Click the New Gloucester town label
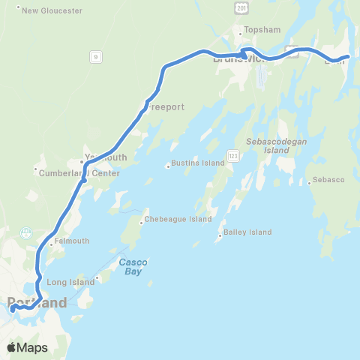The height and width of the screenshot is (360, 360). pos(43,10)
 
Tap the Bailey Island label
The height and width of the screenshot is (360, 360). pos(246,232)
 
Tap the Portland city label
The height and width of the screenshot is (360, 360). pos(37,304)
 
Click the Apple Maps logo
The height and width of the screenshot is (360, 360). pos(28,347)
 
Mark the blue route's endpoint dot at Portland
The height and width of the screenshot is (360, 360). pos(13,307)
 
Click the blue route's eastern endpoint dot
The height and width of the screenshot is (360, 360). pos(346,57)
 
